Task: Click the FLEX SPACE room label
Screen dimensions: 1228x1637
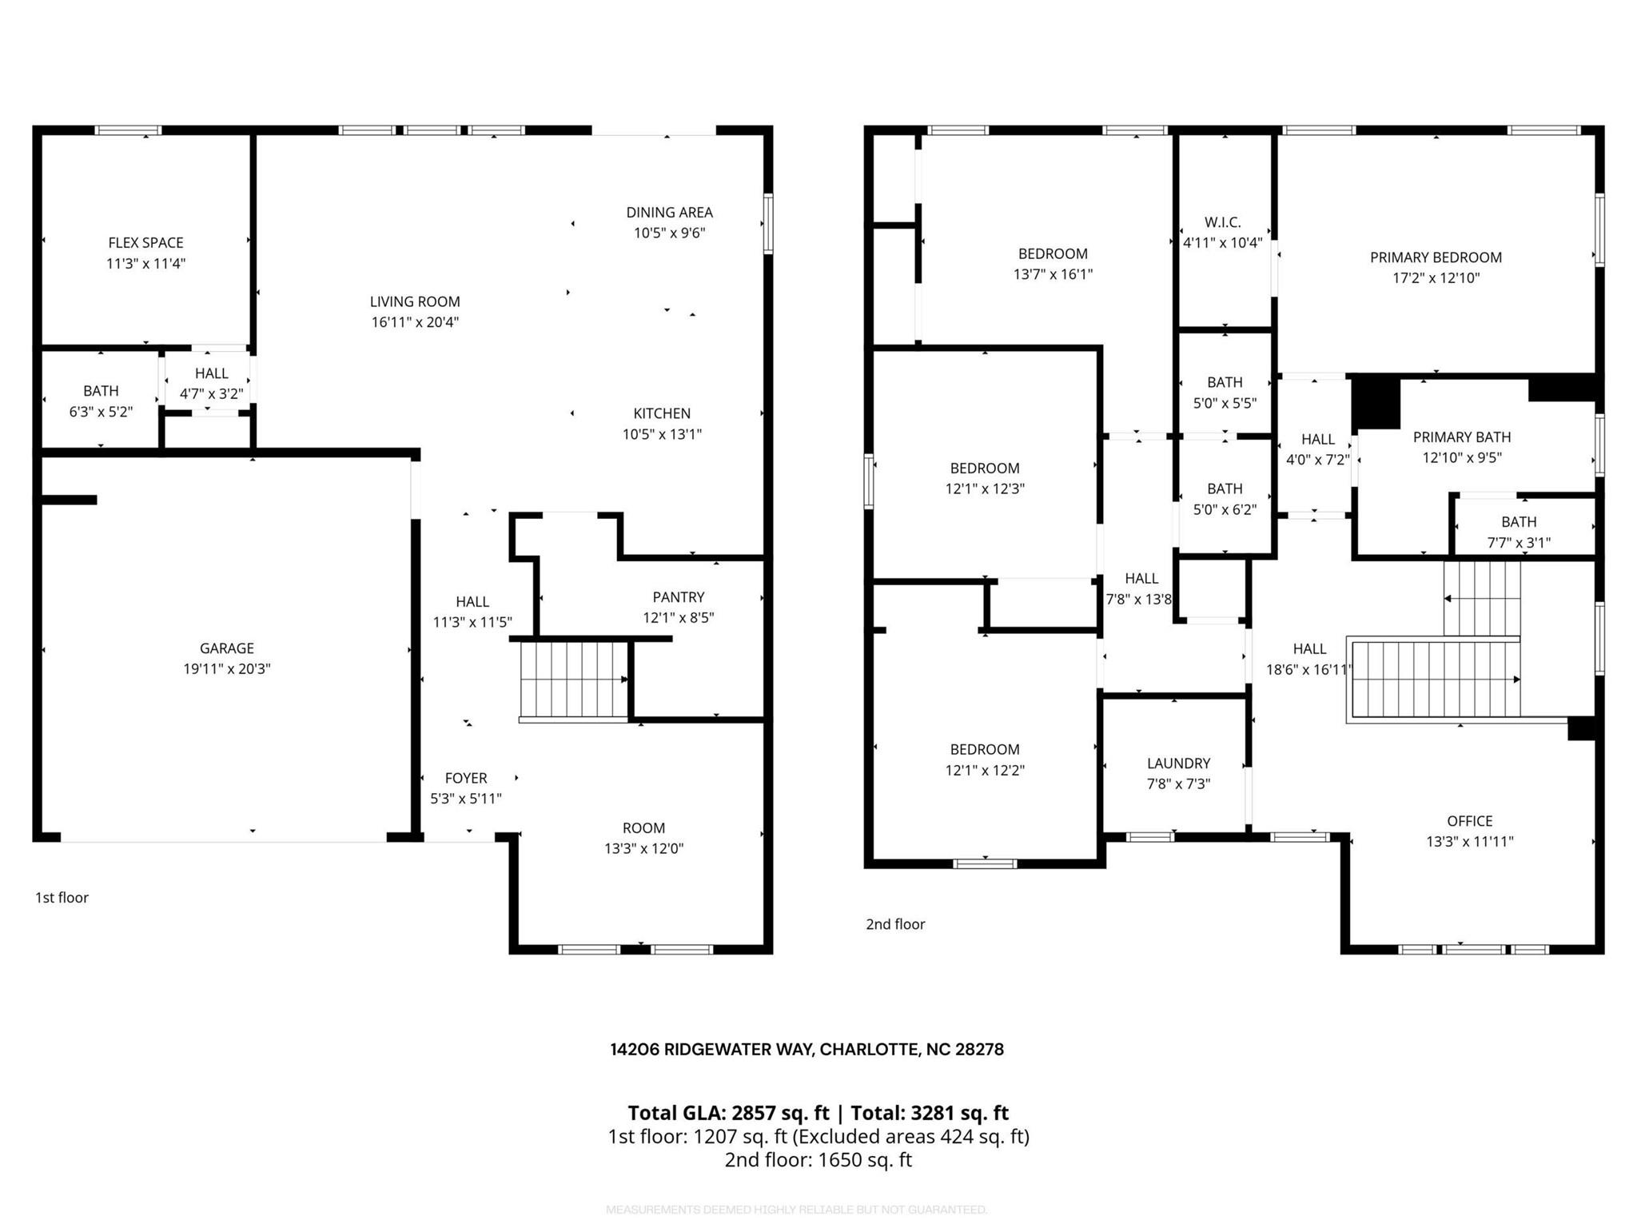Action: (145, 242)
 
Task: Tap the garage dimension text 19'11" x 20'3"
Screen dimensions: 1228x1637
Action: (227, 669)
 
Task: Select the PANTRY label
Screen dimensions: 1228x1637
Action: (678, 597)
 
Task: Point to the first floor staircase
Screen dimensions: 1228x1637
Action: (573, 680)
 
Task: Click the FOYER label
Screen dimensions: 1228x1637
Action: (465, 778)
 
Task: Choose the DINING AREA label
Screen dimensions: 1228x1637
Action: (669, 213)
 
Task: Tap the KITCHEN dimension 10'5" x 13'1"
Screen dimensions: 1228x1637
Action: (662, 434)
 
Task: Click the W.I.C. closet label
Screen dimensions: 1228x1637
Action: (1222, 222)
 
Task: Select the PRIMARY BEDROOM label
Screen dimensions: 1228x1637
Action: (1436, 257)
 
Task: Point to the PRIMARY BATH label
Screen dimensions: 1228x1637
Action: (1461, 437)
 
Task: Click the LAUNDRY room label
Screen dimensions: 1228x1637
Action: (1178, 764)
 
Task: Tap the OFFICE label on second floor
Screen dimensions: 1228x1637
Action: (1469, 821)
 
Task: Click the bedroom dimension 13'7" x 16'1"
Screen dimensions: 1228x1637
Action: (1053, 274)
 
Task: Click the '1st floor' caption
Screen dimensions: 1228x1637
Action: (62, 898)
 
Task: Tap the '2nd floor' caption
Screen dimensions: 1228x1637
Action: (895, 924)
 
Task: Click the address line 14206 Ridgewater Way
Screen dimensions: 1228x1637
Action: (807, 1050)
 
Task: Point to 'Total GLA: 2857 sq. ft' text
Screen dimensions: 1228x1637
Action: (728, 1113)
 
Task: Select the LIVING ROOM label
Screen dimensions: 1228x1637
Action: (414, 301)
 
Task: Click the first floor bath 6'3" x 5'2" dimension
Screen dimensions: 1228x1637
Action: (101, 412)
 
